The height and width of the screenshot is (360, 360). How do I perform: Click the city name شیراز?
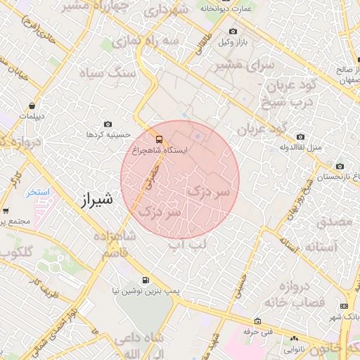pyautogui.click(x=93, y=202)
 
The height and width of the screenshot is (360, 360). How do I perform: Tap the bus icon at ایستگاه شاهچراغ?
pyautogui.click(x=160, y=139)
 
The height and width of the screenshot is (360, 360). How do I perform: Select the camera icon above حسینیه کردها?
pyautogui.click(x=107, y=124)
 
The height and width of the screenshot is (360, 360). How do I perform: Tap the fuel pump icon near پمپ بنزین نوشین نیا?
pyautogui.click(x=146, y=279)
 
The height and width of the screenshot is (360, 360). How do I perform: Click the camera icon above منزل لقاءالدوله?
pyautogui.click(x=301, y=136)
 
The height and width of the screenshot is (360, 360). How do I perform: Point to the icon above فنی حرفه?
pyautogui.click(x=258, y=321)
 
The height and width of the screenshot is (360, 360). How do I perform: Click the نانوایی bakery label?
pyautogui.click(x=295, y=349)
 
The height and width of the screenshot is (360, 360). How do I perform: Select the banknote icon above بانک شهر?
pyautogui.click(x=344, y=306)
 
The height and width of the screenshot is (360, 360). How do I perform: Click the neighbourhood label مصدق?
pyautogui.click(x=334, y=221)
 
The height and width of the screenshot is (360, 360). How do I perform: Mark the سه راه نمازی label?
pyautogui.click(x=160, y=41)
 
